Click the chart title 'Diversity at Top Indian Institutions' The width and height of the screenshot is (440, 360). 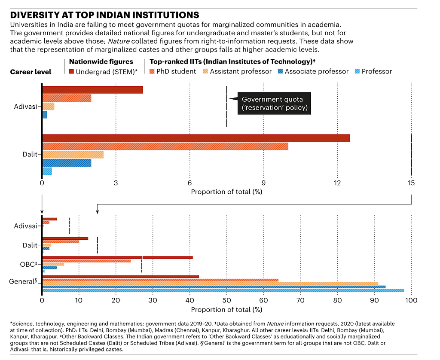click(x=105, y=15)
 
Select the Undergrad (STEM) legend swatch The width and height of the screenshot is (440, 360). click(x=71, y=72)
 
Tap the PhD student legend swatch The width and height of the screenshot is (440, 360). click(x=152, y=71)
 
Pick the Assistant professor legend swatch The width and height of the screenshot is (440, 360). click(x=205, y=71)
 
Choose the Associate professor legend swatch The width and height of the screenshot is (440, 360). click(x=280, y=71)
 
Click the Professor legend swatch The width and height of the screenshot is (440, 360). click(x=357, y=71)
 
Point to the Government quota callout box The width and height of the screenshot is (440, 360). click(x=274, y=103)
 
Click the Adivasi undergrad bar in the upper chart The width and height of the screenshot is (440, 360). click(x=93, y=90)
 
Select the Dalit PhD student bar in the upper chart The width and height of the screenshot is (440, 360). click(x=165, y=146)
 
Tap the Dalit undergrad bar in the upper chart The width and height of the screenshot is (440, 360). click(x=196, y=138)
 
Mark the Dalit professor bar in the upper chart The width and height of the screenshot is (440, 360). click(x=47, y=171)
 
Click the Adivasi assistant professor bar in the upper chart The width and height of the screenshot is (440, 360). click(x=49, y=107)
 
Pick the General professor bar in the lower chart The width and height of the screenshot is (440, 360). click(x=223, y=290)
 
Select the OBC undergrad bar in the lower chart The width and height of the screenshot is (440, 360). click(x=118, y=258)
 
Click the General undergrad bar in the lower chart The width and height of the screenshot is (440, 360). click(x=121, y=277)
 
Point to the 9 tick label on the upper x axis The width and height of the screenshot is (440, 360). click(x=263, y=183)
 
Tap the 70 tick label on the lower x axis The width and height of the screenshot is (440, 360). click(x=300, y=301)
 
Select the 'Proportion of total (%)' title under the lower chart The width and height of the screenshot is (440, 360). click(x=227, y=310)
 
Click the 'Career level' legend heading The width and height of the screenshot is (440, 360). click(x=31, y=72)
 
